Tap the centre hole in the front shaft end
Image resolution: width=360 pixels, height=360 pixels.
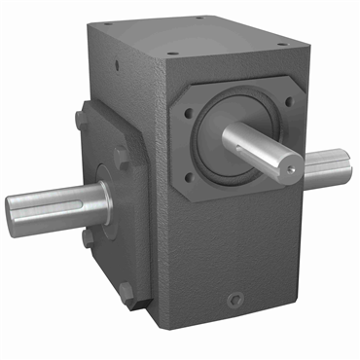291,166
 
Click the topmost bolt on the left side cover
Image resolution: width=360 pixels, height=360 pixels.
79,119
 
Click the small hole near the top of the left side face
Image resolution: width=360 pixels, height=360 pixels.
117,67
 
